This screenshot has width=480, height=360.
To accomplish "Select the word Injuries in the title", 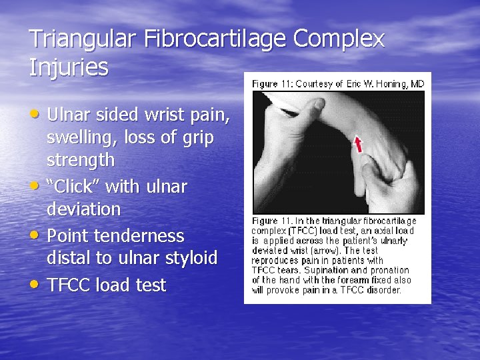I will point(69,67).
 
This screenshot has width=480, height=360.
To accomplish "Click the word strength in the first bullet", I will point(81,161).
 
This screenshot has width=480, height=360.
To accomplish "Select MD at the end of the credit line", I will point(417,83).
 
